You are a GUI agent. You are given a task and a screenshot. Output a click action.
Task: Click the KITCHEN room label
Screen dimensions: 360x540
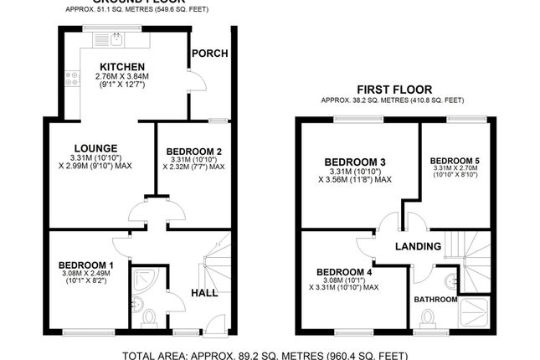122,67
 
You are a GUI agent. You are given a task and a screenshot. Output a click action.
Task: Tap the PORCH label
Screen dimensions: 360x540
210,54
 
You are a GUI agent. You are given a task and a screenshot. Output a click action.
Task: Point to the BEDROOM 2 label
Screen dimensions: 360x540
193,151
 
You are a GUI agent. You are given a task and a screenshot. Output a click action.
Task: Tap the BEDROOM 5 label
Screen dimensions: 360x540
455,159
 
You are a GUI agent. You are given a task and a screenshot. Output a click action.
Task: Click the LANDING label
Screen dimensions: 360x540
419,246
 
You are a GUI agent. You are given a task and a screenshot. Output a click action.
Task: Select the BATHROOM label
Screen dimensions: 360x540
435,299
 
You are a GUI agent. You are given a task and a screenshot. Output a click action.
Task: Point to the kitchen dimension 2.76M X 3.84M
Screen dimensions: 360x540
122,76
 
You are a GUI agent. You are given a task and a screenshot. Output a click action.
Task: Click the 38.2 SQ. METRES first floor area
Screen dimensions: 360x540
363,100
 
